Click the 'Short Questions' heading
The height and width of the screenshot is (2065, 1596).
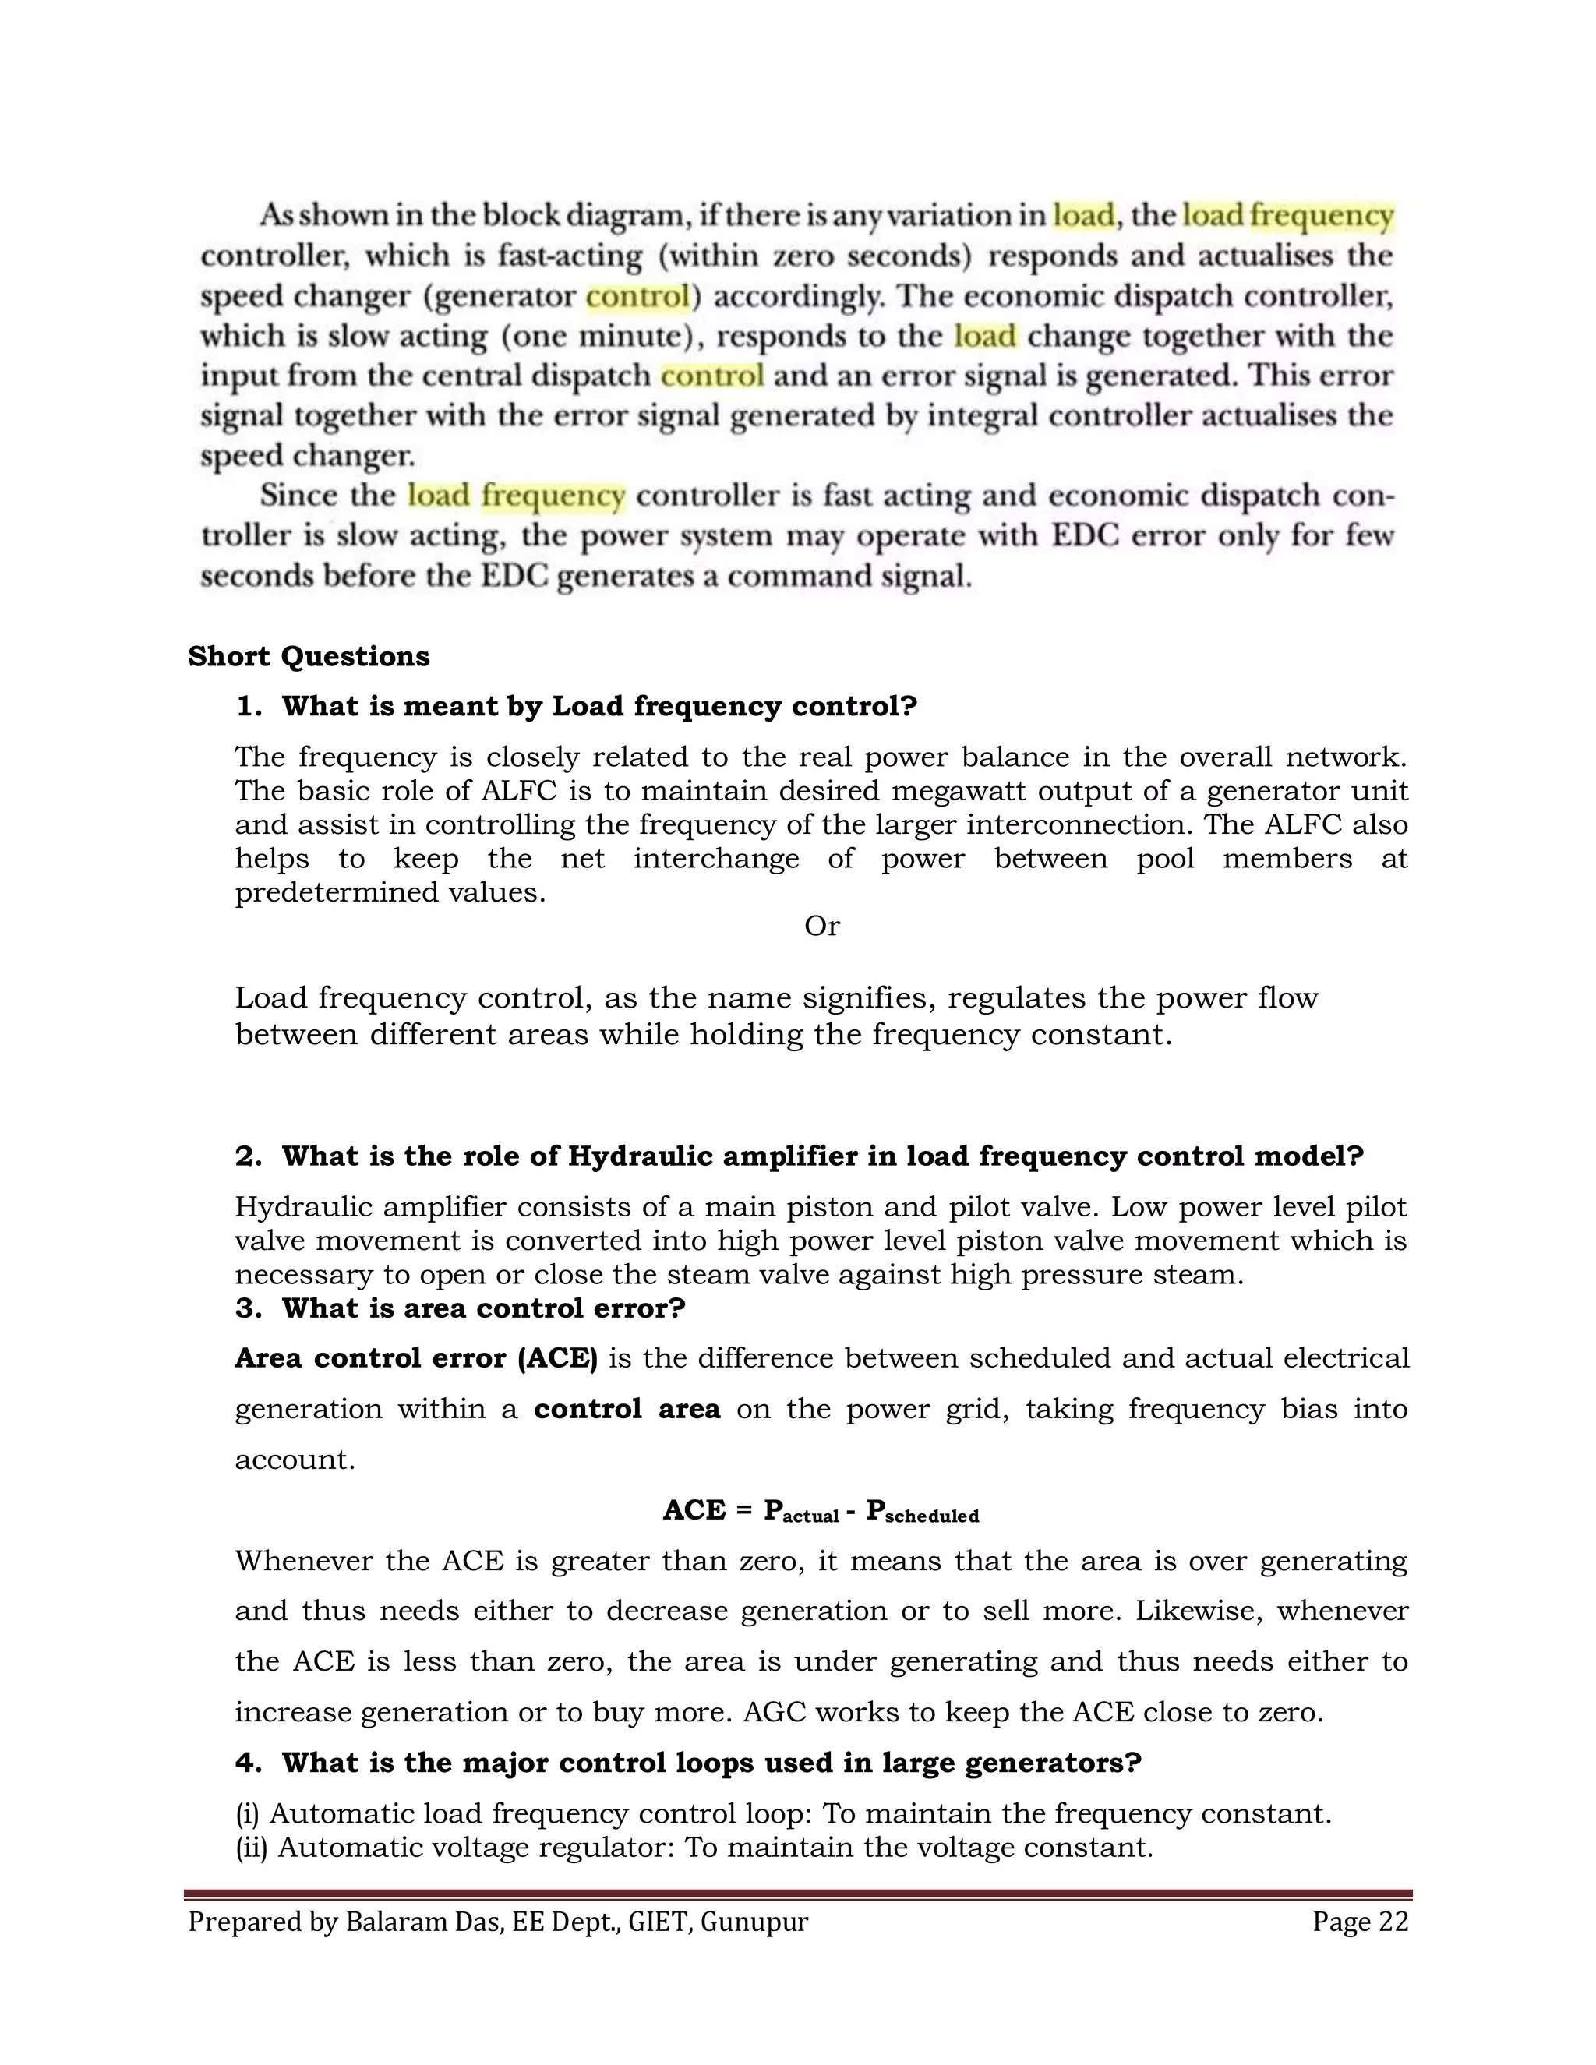309,656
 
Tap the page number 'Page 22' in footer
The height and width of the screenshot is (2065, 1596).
1360,1922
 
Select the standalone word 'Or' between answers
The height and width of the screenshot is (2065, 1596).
821,926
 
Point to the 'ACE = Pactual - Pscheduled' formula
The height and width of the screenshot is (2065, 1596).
821,1511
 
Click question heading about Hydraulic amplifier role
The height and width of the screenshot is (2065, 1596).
821,1156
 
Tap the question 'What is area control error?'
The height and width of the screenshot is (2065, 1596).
483,1308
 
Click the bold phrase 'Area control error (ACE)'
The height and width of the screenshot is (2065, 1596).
416,1359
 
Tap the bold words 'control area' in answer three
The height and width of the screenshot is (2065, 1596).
627,1410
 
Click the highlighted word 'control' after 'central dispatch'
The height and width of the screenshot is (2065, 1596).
711,376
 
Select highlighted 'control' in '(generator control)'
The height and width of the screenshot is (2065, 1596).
637,297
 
